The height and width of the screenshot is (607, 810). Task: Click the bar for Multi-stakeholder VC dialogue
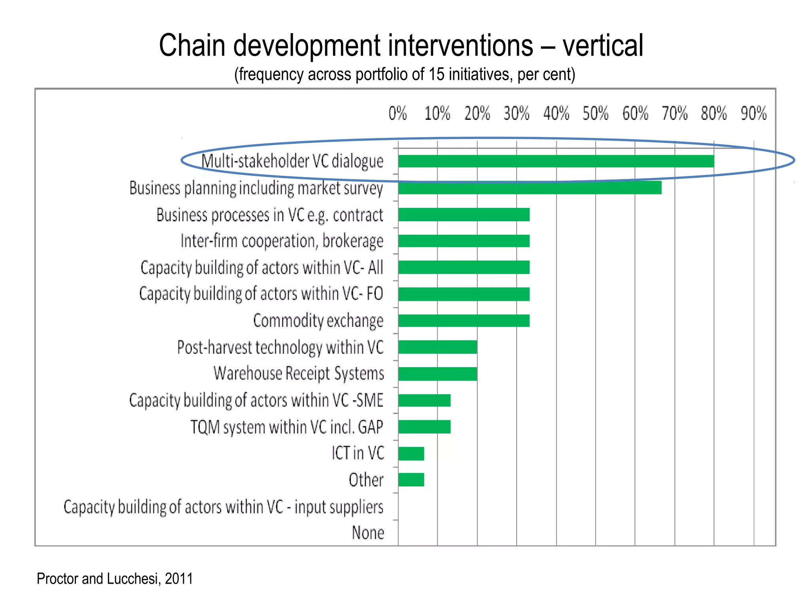tap(556, 161)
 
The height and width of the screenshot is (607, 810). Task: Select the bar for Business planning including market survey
tap(530, 188)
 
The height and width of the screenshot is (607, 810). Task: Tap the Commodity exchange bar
tap(464, 320)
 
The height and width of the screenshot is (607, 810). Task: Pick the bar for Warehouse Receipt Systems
tap(437, 373)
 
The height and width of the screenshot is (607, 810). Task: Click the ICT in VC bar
tap(411, 454)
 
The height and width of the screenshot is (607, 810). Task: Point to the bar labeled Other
tap(411, 480)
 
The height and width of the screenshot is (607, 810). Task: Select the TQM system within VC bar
tap(424, 427)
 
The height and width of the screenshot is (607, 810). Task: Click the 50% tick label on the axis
tap(595, 114)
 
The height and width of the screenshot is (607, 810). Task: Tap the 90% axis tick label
tap(753, 114)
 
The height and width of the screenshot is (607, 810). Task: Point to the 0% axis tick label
tap(397, 114)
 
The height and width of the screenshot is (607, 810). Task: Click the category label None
tap(368, 533)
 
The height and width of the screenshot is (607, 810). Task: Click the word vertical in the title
tap(603, 46)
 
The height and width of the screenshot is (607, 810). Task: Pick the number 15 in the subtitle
tap(436, 74)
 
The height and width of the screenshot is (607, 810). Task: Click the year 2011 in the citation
tap(179, 579)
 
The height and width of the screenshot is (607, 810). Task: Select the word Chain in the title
tap(192, 46)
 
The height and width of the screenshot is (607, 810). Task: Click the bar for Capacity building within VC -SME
tap(424, 400)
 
